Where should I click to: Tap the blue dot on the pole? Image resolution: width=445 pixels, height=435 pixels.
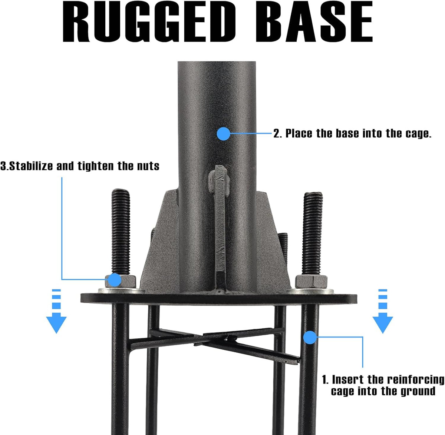[x=224, y=133]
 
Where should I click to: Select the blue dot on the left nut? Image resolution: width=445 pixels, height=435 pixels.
[x=115, y=280]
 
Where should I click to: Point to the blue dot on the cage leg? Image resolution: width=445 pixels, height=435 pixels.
[x=310, y=338]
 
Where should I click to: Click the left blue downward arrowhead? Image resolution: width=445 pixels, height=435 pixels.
[x=56, y=325]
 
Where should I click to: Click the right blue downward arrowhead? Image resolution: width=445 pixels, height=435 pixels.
[x=383, y=325]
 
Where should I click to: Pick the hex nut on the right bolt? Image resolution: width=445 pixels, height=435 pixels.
[x=311, y=282]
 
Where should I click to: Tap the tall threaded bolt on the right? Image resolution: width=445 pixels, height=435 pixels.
[x=313, y=233]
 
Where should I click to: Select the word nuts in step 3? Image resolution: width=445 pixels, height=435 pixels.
[x=148, y=166]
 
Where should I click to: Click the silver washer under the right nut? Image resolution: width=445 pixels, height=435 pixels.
[x=310, y=291]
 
